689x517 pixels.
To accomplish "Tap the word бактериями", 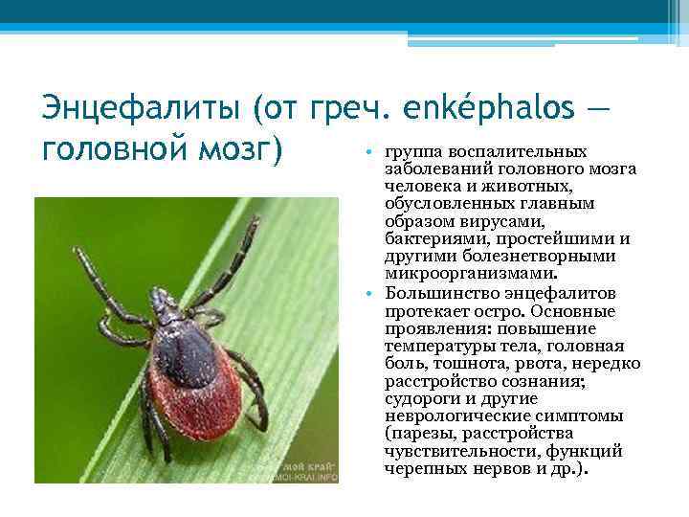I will [x=430, y=238].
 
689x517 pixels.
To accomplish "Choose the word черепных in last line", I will [x=422, y=468].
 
